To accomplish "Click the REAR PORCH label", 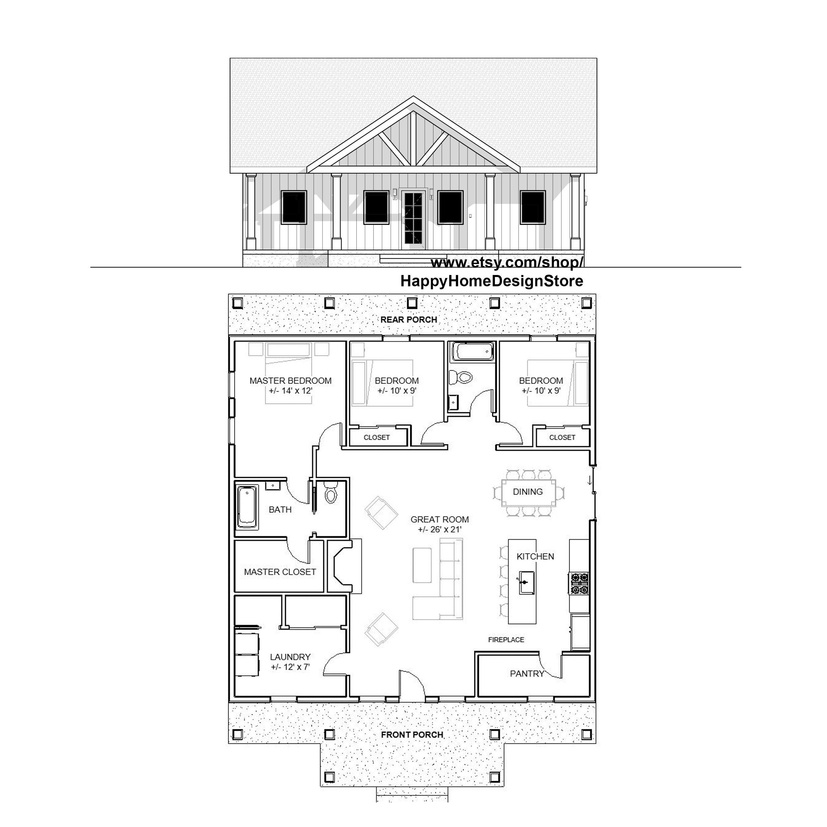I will pyautogui.click(x=409, y=320).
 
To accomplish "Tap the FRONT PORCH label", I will pyautogui.click(x=412, y=735).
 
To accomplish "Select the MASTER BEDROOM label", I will pyautogui.click(x=290, y=381).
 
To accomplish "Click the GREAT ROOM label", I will pyautogui.click(x=440, y=520).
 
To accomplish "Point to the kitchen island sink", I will pyautogui.click(x=526, y=582).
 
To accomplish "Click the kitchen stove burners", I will pyautogui.click(x=579, y=584).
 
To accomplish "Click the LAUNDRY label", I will pyautogui.click(x=290, y=657).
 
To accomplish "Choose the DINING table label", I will pyautogui.click(x=527, y=492).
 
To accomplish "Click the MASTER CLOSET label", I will pyautogui.click(x=280, y=572).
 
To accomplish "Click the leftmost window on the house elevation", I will pyautogui.click(x=294, y=208).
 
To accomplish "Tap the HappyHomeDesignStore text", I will pyautogui.click(x=492, y=281).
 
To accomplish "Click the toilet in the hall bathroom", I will pyautogui.click(x=461, y=378).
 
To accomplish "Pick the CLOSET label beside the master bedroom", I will pyautogui.click(x=377, y=437).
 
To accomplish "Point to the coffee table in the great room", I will pyautogui.click(x=421, y=565).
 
